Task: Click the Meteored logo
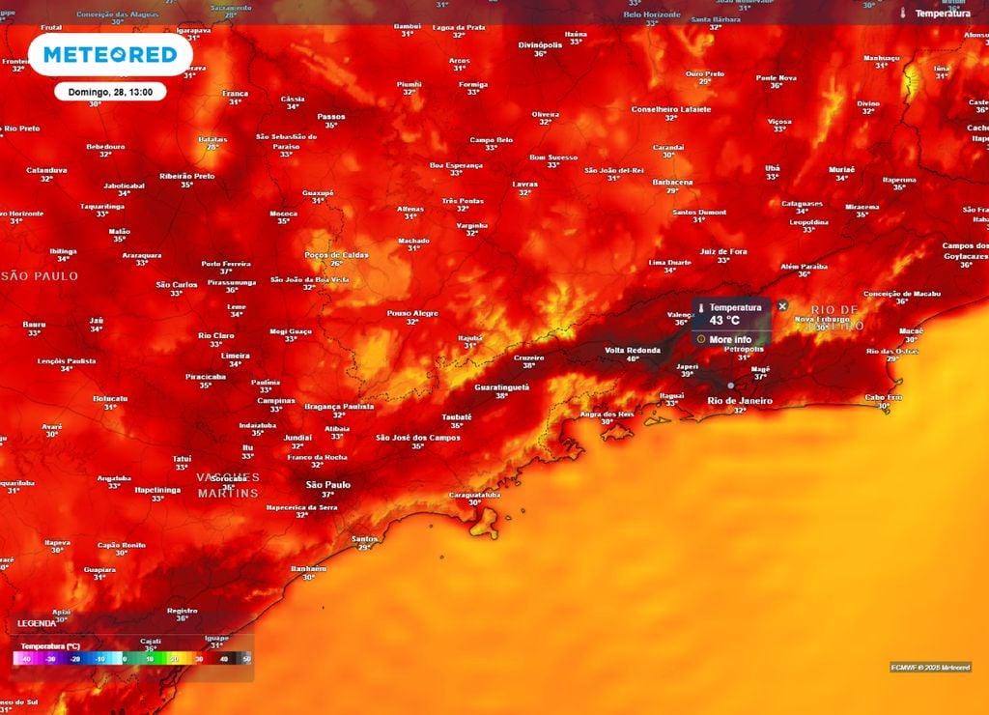coord(109,54)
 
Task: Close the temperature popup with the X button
coord(782,306)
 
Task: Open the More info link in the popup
coord(729,339)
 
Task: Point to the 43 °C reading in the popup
coord(724,320)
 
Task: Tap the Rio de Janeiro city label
coord(740,400)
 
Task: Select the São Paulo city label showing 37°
coord(327,485)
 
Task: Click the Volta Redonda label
coord(633,350)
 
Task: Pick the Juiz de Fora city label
coord(723,251)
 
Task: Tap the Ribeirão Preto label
coord(186,176)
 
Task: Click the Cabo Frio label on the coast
coord(883,397)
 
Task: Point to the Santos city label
coord(365,538)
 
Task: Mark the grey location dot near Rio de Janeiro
coord(730,386)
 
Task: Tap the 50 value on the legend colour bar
coord(247,659)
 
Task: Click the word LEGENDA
coord(37,623)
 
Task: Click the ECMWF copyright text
coord(930,667)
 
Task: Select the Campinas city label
coord(275,400)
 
